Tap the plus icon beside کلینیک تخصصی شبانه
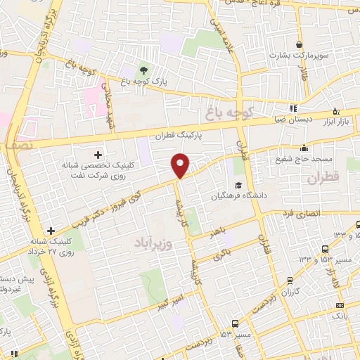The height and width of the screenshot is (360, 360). click(98, 154)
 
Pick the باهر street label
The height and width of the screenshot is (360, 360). click(217, 233)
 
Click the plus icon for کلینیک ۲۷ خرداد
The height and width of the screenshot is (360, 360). click(51, 230)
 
